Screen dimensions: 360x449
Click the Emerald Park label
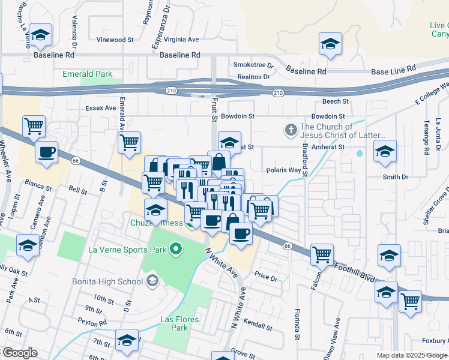pyautogui.click(x=87, y=74)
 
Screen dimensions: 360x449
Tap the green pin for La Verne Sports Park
pyautogui.click(x=176, y=248)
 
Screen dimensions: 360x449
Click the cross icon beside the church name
pyautogui.click(x=291, y=130)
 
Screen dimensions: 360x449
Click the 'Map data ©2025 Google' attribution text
pyautogui.click(x=411, y=355)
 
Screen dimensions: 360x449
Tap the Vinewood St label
pyautogui.click(x=115, y=40)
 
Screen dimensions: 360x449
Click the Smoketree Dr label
pyautogui.click(x=253, y=65)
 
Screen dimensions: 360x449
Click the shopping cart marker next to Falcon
pyautogui.click(x=322, y=254)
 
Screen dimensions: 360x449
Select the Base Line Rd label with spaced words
pyautogui.click(x=393, y=71)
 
